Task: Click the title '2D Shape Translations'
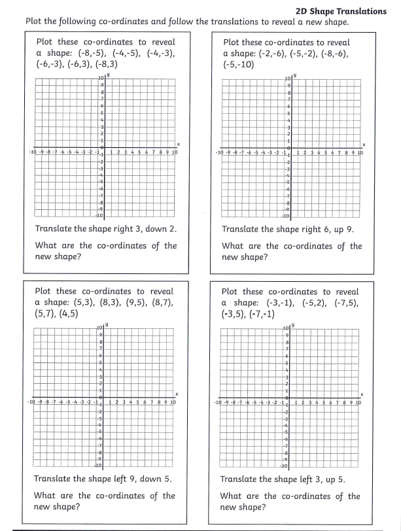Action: point(341,11)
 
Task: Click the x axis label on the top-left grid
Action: point(178,145)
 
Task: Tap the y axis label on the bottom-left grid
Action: point(107,324)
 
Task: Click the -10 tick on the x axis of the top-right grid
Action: point(220,152)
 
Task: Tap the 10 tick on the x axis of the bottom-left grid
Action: point(173,402)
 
